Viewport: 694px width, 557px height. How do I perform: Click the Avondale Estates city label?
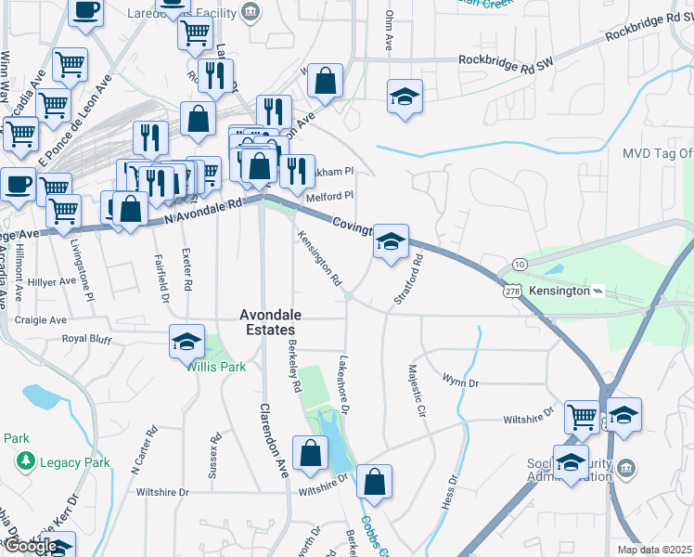[267, 322]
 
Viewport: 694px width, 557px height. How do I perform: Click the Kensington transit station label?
[559, 291]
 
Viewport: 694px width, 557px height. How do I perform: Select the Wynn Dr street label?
[460, 382]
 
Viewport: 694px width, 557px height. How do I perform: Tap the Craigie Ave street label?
[41, 319]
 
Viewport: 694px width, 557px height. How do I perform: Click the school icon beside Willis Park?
[186, 342]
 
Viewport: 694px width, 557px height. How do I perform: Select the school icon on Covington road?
[392, 241]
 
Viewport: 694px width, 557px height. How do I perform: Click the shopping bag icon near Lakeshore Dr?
[373, 482]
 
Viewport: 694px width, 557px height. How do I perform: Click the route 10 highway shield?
[520, 266]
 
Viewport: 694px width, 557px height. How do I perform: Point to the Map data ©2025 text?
[654, 550]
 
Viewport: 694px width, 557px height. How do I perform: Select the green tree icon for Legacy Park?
[25, 460]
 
